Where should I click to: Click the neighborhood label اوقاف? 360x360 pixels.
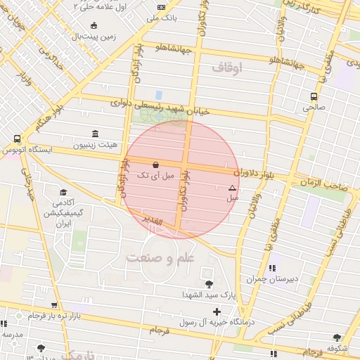pos(226,67)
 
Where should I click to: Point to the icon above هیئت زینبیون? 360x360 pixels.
pos(95,134)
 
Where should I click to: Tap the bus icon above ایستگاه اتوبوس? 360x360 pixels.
pos(16,139)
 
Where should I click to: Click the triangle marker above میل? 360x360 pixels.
pos(232,188)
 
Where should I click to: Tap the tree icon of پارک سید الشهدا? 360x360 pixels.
pos(209,284)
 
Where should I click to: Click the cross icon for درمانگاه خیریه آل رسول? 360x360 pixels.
pos(217,311)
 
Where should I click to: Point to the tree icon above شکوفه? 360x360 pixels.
pos(337,337)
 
